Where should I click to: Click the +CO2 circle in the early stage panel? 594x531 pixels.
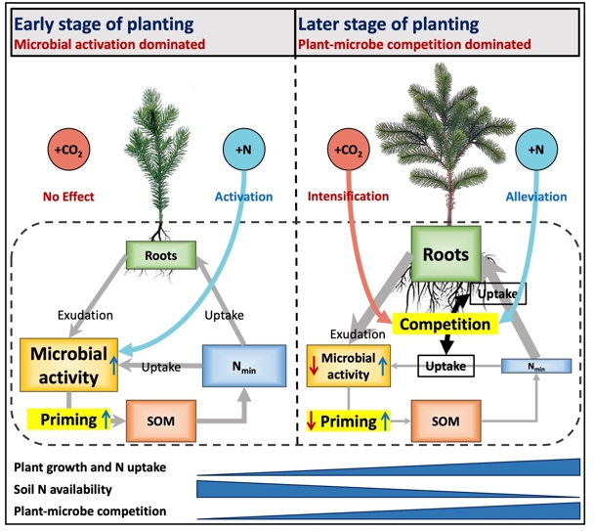(66, 152)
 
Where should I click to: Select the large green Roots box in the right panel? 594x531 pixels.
(443, 253)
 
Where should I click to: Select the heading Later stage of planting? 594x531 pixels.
(378, 23)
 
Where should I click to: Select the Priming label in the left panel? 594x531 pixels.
(56, 421)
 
